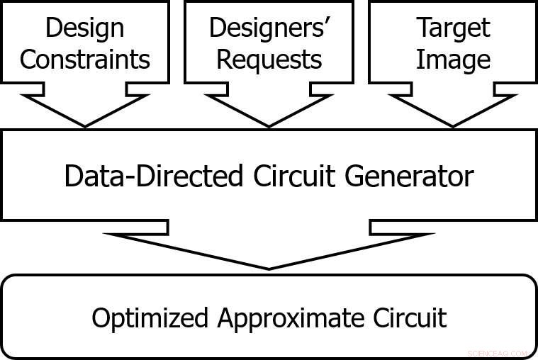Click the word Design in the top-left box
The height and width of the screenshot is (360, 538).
tap(84, 28)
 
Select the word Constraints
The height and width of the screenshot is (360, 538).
tap(84, 60)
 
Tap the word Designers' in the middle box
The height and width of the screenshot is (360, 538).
tap(269, 28)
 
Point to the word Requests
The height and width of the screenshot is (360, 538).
tap(269, 60)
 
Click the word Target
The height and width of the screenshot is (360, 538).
tap(453, 28)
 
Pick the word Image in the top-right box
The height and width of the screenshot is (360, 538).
tap(453, 60)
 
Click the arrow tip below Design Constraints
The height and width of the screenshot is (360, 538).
tap(84, 126)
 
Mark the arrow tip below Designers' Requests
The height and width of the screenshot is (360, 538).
tap(269, 126)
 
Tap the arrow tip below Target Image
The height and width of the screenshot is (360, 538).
tap(453, 126)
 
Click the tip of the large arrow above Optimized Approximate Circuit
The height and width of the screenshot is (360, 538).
tap(269, 268)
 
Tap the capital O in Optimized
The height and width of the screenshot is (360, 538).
tap(101, 317)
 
